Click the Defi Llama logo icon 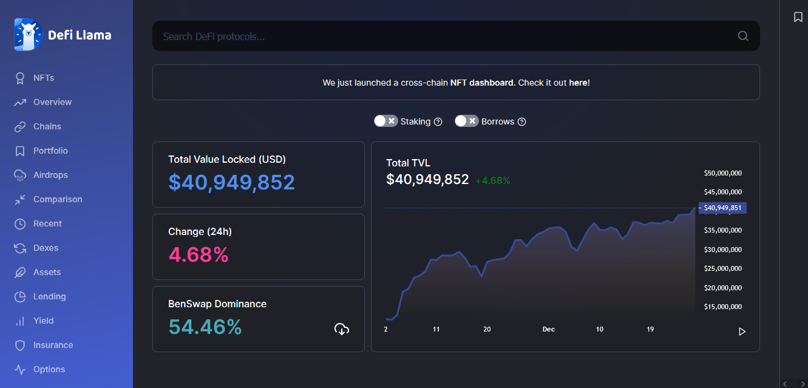pos(28,35)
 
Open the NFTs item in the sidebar pos(44,78)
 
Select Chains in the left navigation pos(47,126)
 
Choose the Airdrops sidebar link pos(50,175)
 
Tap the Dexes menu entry pos(46,248)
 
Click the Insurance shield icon pos(20,345)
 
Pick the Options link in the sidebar pos(49,369)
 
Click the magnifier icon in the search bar pos(742,36)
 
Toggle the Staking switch pos(385,121)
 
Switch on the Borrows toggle pos(466,121)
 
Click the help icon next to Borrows pos(521,121)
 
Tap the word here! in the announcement pos(579,83)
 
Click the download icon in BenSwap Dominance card pos(342,329)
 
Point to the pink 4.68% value pos(199,254)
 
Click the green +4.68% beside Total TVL pos(493,180)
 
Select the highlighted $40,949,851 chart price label pos(722,208)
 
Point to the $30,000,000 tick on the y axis pos(723,250)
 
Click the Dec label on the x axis pos(549,329)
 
